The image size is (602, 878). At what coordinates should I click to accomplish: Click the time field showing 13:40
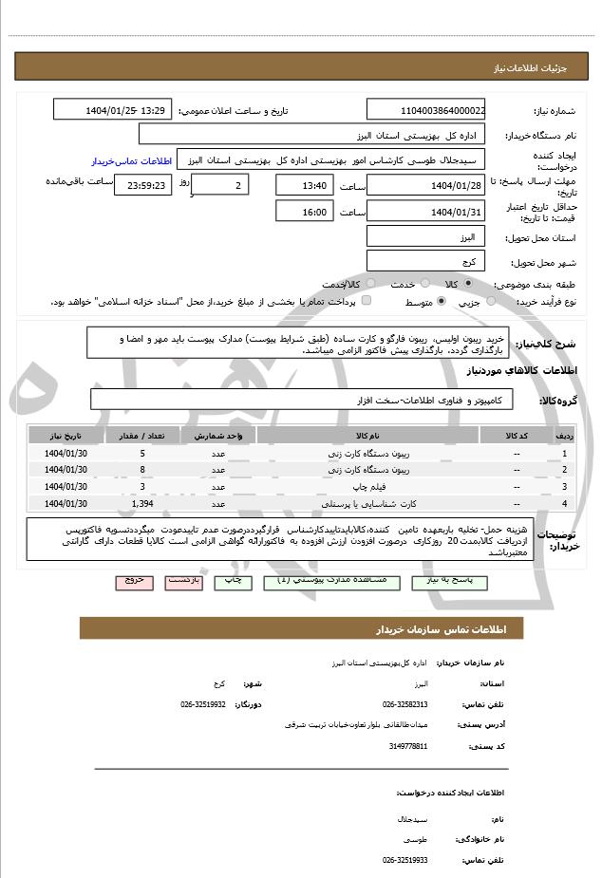(304, 185)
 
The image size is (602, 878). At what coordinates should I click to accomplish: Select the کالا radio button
(468, 283)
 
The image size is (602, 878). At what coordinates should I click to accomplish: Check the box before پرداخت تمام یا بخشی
(367, 301)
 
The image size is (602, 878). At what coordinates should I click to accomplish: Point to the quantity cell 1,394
(142, 503)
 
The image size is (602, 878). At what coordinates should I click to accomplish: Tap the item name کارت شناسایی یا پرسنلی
(380, 503)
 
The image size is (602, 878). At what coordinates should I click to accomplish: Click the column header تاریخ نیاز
(66, 436)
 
